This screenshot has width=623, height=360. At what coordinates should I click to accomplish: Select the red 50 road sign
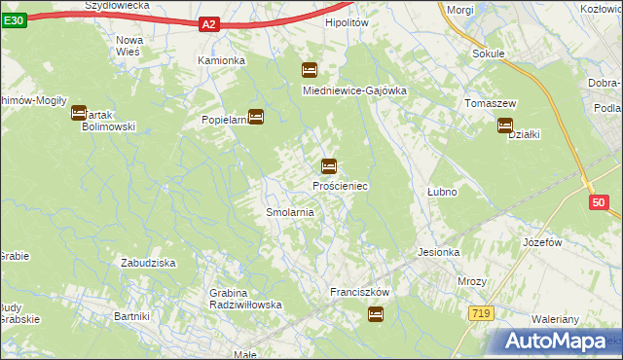(x=599, y=202)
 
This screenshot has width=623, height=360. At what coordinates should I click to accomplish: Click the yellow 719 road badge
(x=480, y=313)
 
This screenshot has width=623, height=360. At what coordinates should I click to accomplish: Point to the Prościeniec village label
(x=340, y=185)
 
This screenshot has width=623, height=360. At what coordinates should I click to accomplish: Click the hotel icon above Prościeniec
(x=329, y=166)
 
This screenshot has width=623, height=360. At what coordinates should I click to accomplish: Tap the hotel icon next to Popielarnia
(x=256, y=117)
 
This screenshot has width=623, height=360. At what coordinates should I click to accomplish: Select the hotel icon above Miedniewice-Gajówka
(x=310, y=70)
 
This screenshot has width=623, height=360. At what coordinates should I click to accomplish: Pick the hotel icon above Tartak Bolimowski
(x=79, y=113)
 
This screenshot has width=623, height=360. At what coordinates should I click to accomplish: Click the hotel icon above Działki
(x=505, y=125)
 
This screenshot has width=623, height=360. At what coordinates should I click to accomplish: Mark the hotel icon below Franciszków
(x=376, y=314)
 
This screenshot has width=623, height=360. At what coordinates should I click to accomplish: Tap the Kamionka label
(x=222, y=60)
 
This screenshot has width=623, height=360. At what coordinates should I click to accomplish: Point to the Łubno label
(x=442, y=192)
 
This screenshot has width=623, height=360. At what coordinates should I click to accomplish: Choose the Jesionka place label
(x=438, y=252)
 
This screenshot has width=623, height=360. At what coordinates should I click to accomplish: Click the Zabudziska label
(x=148, y=263)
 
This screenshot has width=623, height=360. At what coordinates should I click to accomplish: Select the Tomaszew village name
(x=490, y=103)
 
